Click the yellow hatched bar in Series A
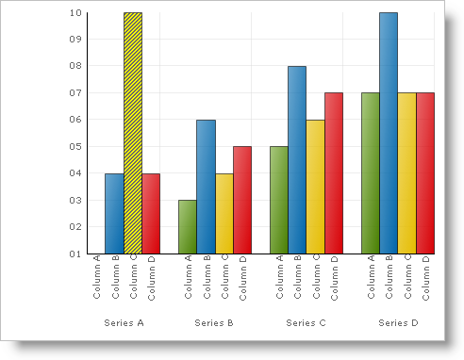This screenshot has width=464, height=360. (133, 133)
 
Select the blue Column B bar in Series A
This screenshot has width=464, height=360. (114, 213)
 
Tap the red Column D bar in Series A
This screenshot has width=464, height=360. (151, 213)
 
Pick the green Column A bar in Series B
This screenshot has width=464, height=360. (188, 226)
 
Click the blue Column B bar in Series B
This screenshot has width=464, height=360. (206, 187)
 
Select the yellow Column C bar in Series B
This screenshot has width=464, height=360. (224, 213)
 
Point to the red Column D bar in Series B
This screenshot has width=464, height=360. (242, 200)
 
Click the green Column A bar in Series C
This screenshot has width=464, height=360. (279, 200)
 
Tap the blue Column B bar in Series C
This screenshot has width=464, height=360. (297, 160)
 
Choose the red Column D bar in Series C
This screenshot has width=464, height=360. (334, 173)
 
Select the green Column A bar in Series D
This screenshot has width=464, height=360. (371, 173)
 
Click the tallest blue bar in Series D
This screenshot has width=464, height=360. (389, 133)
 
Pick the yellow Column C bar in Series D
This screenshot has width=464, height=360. (407, 173)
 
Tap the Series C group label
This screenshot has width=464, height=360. (306, 323)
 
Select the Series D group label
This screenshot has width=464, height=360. (398, 323)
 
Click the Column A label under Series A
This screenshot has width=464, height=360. (96, 278)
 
